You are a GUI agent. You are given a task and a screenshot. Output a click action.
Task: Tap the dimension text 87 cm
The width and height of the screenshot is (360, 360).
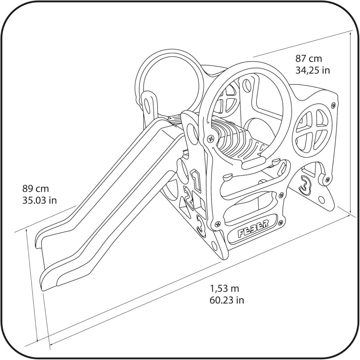308,59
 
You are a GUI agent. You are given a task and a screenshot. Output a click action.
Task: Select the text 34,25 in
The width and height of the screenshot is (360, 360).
312,70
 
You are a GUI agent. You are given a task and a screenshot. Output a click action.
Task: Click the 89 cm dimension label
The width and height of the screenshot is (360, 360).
36,189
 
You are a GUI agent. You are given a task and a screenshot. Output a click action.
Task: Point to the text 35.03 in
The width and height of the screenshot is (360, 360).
40,200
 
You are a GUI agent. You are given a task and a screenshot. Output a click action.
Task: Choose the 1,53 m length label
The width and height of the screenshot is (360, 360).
224,288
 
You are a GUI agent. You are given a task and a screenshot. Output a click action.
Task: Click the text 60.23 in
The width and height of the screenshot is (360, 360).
227,300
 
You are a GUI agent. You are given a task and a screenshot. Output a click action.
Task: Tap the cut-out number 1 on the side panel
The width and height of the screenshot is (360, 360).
196,180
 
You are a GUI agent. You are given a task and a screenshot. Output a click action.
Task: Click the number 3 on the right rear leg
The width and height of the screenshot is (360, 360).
305,184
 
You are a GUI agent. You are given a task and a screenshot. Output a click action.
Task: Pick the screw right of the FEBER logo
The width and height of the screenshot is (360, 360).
280,222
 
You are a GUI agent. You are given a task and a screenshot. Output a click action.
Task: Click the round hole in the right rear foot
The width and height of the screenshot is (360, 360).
322,200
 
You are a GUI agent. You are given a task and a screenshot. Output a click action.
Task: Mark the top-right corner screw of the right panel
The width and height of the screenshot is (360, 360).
334,105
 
